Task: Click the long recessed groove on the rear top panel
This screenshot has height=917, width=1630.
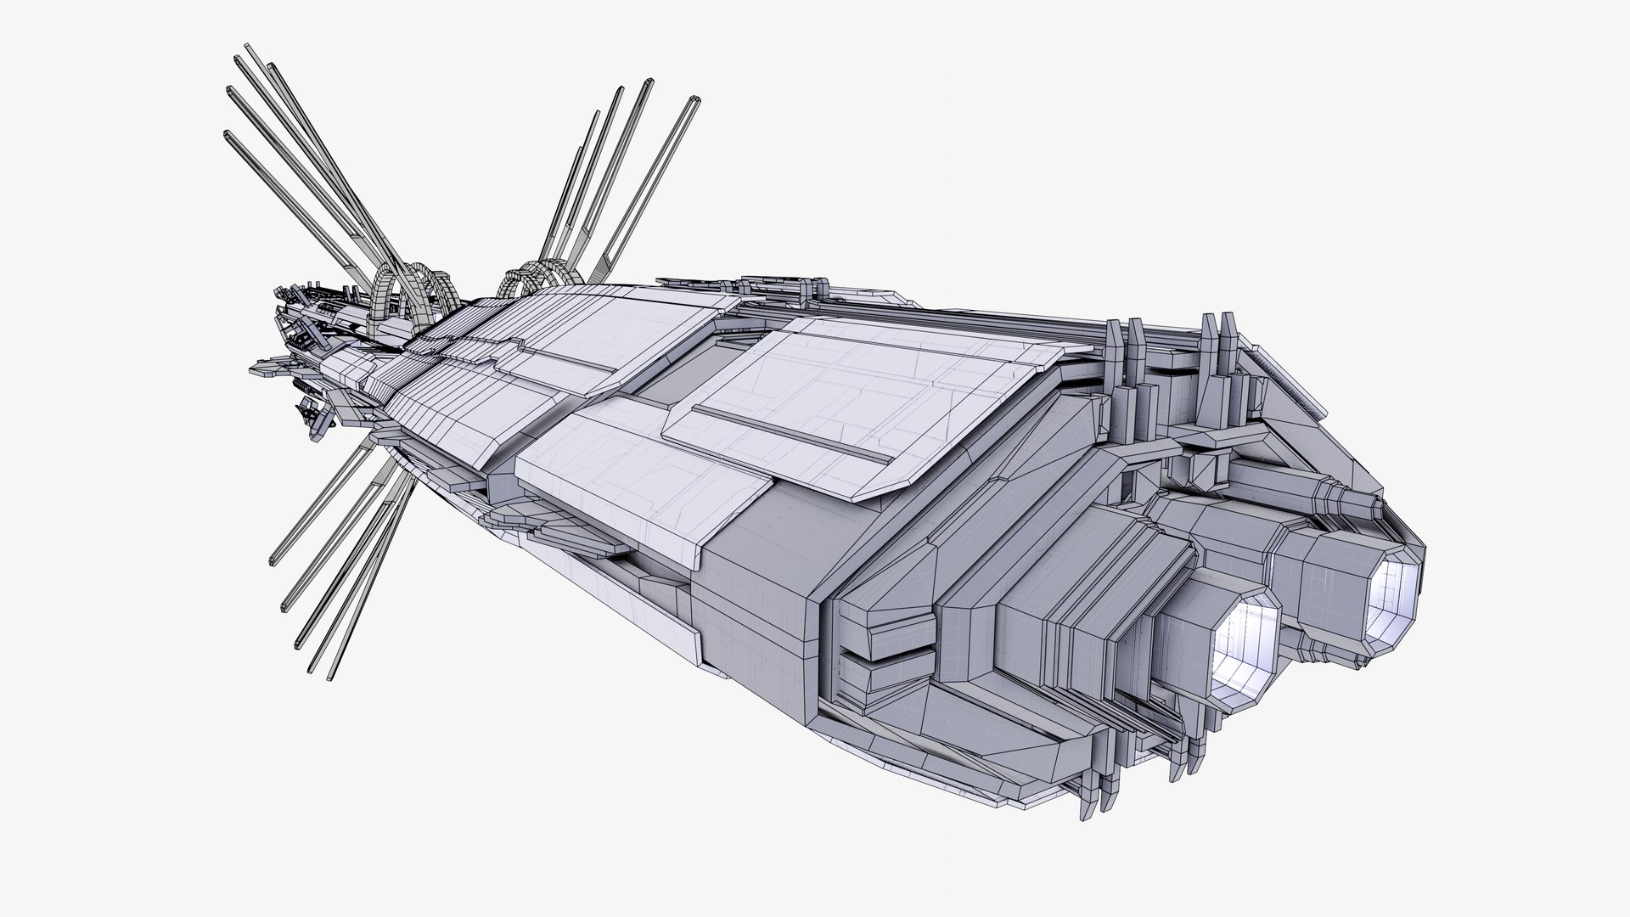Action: [794, 436]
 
